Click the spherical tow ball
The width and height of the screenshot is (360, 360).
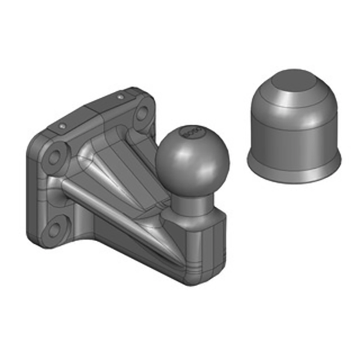coord(193,157)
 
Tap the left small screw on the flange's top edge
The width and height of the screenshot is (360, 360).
coord(63,125)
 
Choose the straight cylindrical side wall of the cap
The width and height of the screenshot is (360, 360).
coord(295,139)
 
